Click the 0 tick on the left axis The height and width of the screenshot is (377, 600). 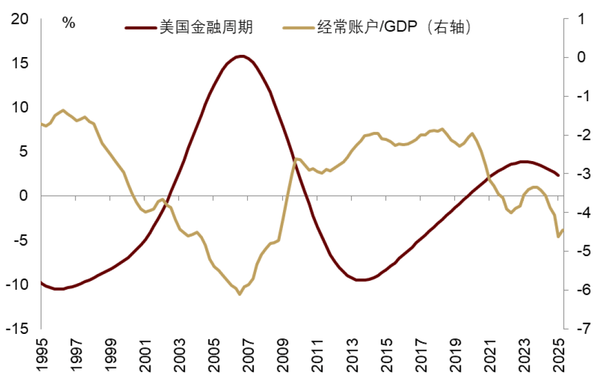23,196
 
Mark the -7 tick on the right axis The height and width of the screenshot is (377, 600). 578,329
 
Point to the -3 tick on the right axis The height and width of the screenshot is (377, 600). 578,174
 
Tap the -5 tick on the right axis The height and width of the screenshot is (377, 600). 578,251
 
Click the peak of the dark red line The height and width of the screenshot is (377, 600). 241,56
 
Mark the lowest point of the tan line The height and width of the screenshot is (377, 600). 239,294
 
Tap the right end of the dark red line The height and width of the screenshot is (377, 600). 558,175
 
